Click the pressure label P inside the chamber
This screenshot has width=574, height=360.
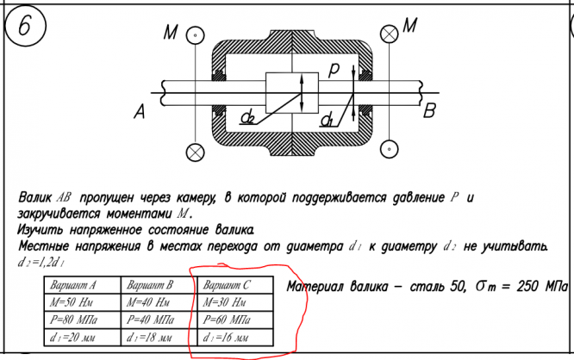(334, 66)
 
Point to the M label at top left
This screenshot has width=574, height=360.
(171, 34)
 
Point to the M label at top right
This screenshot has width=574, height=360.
(410, 27)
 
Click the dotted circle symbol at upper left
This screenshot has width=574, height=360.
(197, 34)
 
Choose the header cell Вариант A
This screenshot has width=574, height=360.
(74, 285)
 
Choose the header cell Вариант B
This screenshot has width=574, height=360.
(151, 285)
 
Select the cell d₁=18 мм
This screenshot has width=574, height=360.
(152, 337)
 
